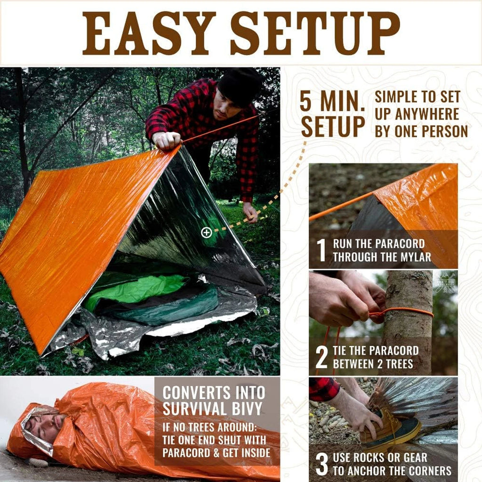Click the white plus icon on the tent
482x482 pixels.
coord(206,233)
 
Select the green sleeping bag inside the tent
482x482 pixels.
coord(137,289)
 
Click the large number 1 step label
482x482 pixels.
coord(321,250)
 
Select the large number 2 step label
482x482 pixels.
coord(321,357)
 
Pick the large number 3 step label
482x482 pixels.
coord(321,464)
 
